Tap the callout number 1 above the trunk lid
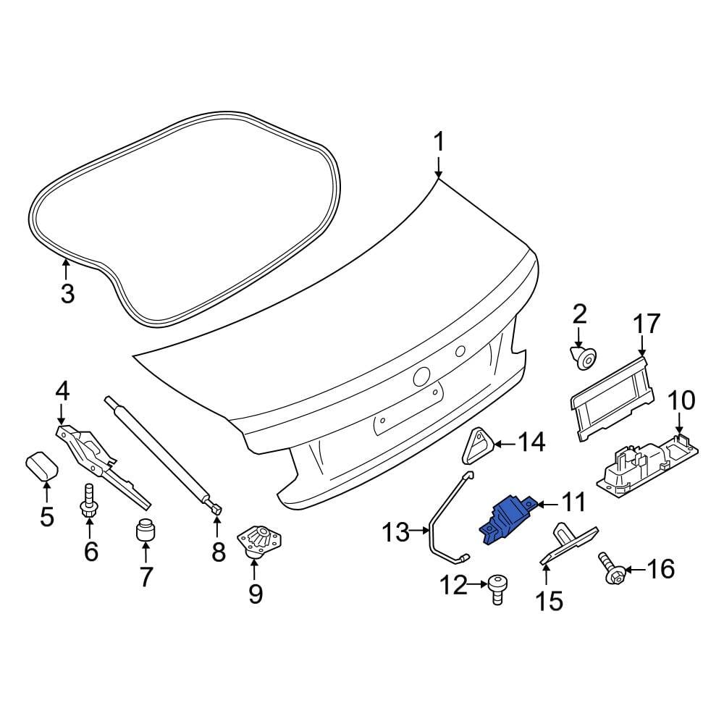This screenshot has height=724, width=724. click(x=439, y=142)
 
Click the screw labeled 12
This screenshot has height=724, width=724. click(x=497, y=589)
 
